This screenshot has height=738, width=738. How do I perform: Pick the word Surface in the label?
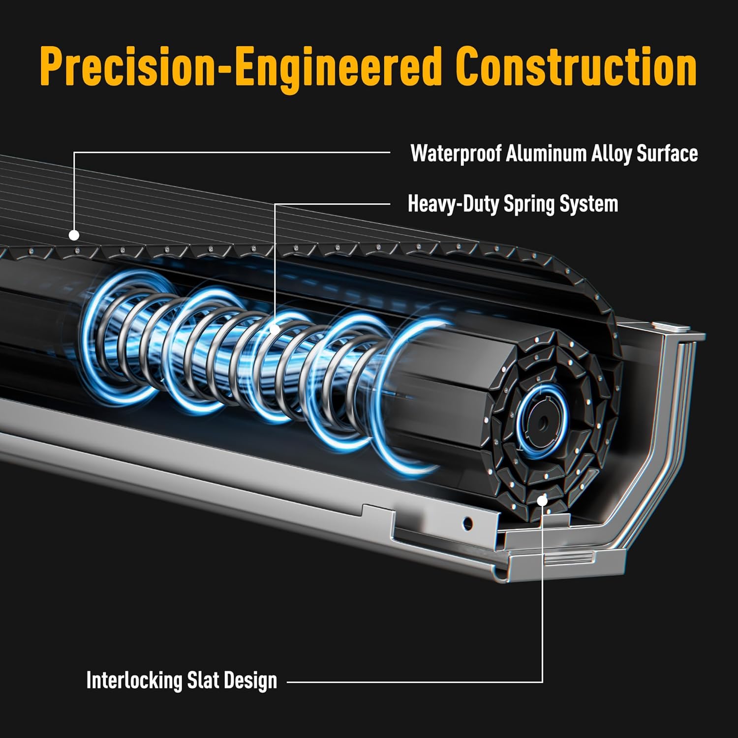(x=667, y=154)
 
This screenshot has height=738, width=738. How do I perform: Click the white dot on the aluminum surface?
(x=74, y=235)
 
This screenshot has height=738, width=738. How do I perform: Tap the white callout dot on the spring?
(x=275, y=329)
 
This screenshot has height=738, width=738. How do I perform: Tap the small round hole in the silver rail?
(x=468, y=523)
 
